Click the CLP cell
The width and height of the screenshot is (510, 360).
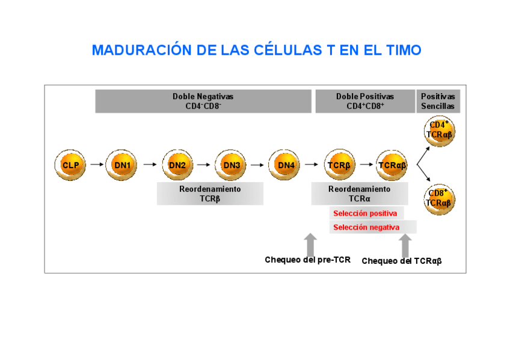click(x=70, y=165)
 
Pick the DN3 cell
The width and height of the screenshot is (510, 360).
click(x=231, y=165)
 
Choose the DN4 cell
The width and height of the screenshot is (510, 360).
click(x=285, y=165)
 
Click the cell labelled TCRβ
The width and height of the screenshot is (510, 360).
click(x=339, y=165)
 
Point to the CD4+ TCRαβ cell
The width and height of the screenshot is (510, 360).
click(x=439, y=130)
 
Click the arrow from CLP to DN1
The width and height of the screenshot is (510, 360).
click(x=96, y=164)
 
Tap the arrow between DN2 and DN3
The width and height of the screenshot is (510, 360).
click(x=204, y=164)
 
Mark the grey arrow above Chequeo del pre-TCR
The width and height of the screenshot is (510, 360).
click(x=310, y=244)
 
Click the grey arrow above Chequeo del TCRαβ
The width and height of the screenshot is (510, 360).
click(x=405, y=245)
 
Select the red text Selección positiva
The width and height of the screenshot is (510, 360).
click(x=365, y=213)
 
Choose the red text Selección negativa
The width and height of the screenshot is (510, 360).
click(x=366, y=227)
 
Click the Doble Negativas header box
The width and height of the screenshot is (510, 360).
click(x=203, y=101)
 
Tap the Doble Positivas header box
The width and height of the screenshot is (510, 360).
click(x=365, y=101)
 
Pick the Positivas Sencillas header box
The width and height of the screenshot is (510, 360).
click(x=438, y=101)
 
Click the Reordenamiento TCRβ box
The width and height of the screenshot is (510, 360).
click(x=210, y=194)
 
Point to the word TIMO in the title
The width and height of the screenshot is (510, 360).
click(x=401, y=50)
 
